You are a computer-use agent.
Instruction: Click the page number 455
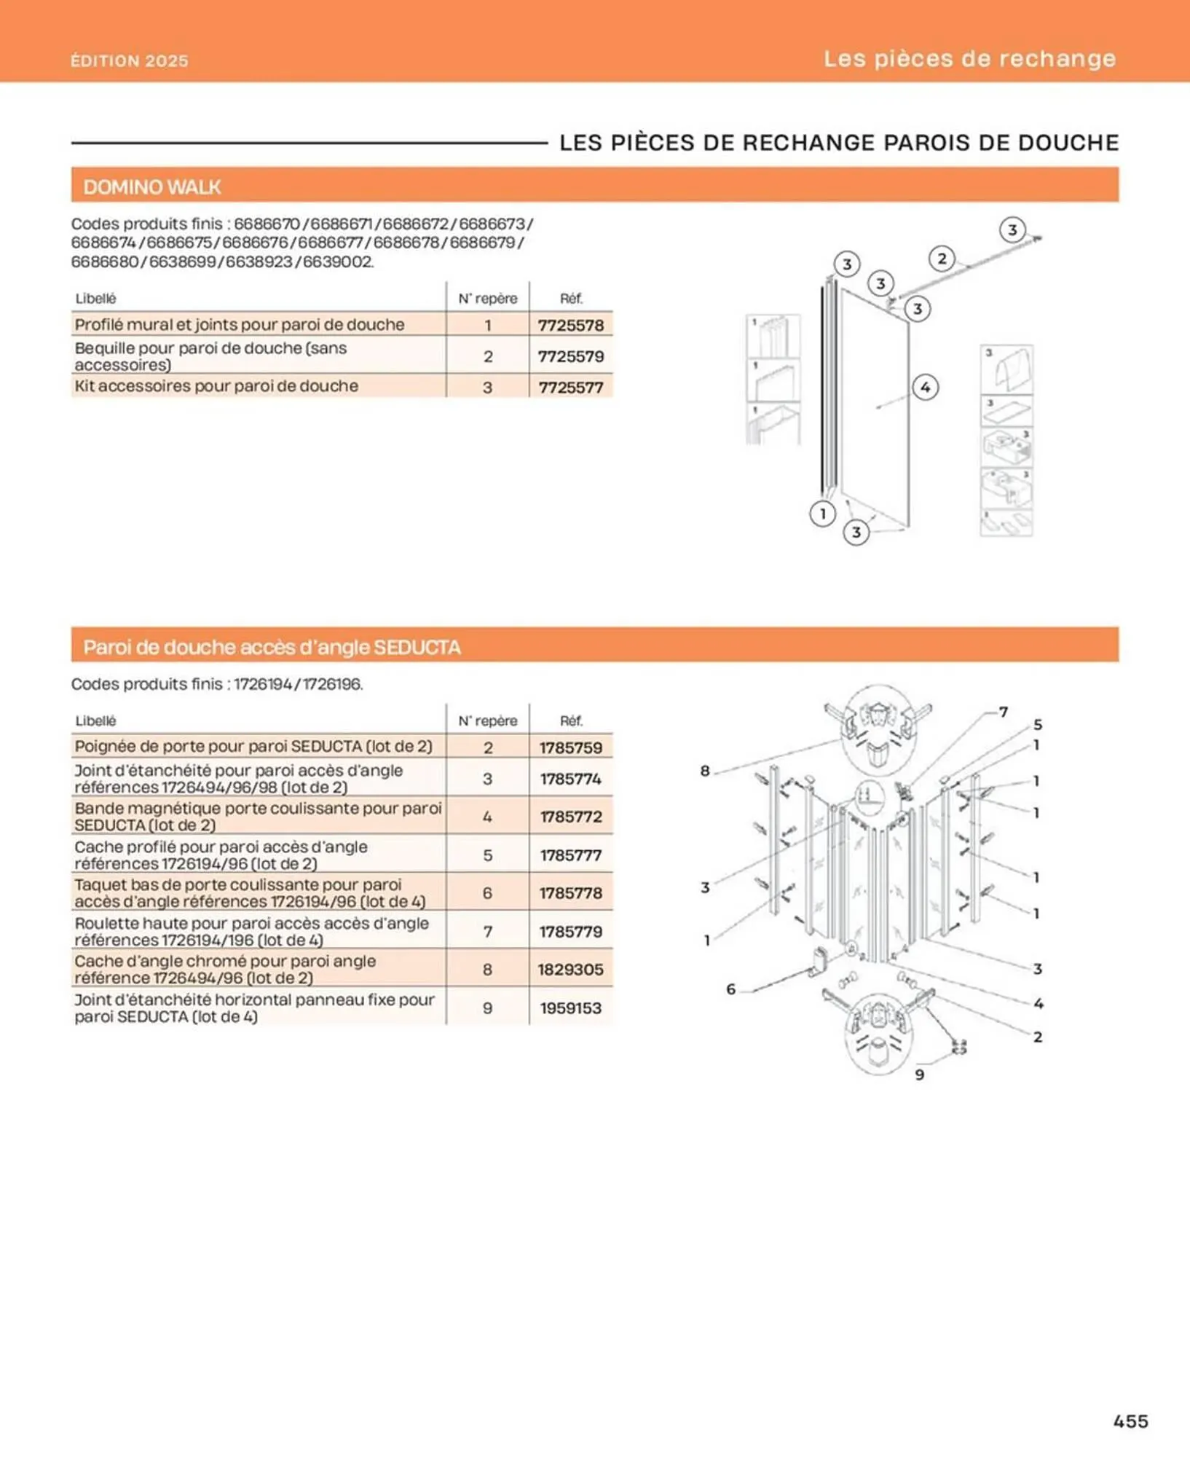[x=1130, y=1421]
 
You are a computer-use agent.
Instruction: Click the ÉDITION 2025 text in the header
[x=130, y=60]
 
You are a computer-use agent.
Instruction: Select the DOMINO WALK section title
[x=151, y=187]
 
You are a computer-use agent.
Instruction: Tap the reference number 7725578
[x=571, y=325]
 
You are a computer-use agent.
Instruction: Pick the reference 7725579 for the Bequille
[x=571, y=356]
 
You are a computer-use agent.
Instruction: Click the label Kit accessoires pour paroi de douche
[x=216, y=386]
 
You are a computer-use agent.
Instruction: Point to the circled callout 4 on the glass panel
[x=925, y=387]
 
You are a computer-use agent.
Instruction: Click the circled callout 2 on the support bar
[x=942, y=259]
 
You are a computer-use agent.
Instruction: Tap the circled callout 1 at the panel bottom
[x=822, y=514]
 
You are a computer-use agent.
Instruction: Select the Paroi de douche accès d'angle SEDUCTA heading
[x=272, y=647]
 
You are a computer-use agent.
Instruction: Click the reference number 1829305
[x=571, y=970]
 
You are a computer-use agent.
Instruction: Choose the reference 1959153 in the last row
[x=571, y=1008]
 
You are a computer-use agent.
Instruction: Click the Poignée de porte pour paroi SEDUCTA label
[x=253, y=746]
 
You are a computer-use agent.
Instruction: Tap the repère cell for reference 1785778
[x=487, y=893]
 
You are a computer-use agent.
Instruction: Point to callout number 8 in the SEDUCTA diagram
[x=705, y=771]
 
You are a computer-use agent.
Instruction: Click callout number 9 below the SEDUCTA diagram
[x=919, y=1075]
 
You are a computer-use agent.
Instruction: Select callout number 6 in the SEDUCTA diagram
[x=730, y=989]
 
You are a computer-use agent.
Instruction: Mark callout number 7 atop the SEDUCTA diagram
[x=1004, y=712]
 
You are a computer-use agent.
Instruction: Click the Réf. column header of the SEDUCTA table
[x=571, y=720]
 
